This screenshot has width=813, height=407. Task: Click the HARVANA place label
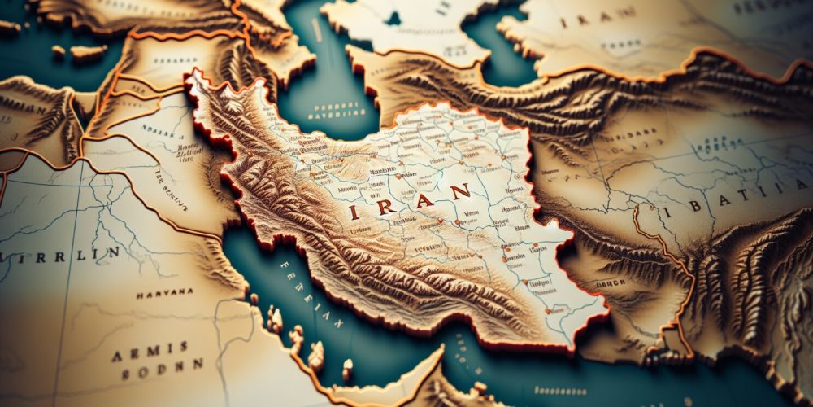[164, 292]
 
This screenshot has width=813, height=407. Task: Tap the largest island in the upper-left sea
[88, 53]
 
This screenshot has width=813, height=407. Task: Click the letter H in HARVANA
[139, 293]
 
